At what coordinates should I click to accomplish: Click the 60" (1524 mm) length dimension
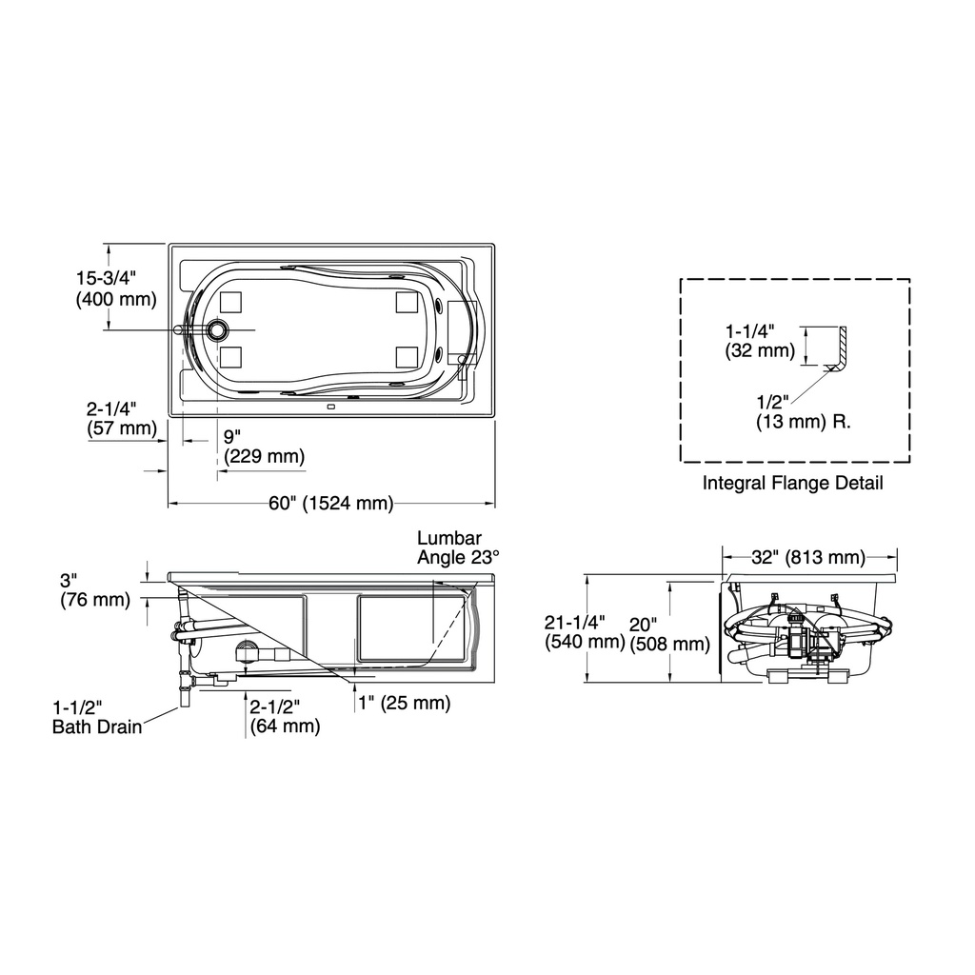(x=330, y=503)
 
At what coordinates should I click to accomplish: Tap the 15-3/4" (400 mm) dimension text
(x=116, y=289)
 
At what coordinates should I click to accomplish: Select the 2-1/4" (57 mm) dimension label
(x=122, y=419)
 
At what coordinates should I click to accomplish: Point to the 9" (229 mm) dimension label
(x=265, y=447)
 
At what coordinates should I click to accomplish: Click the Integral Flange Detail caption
(x=793, y=483)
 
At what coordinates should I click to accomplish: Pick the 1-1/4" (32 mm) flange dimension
(x=760, y=341)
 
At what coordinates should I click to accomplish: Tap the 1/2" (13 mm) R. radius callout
(x=804, y=411)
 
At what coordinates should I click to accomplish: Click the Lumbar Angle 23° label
(x=458, y=547)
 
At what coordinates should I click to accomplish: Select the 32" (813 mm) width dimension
(x=808, y=557)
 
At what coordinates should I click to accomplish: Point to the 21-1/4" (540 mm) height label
(x=585, y=632)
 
